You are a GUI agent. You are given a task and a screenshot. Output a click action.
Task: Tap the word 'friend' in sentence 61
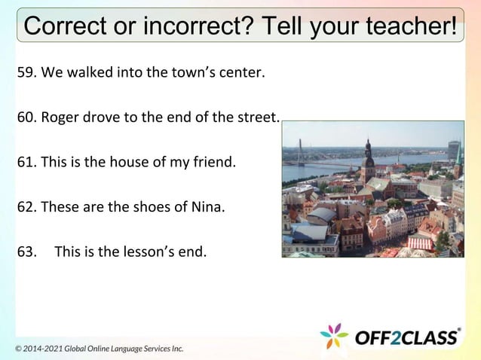pos(216,161)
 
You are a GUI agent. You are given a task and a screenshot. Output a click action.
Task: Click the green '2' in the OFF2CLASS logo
pos(396,337)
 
